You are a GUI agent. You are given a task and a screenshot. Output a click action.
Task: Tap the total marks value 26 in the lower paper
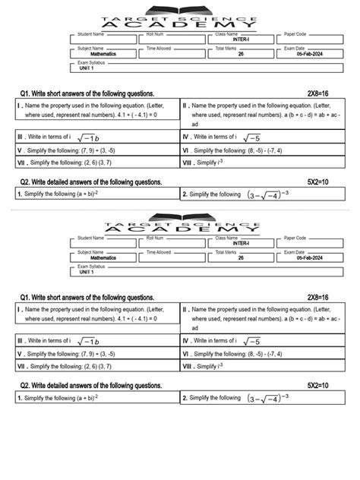[241, 258]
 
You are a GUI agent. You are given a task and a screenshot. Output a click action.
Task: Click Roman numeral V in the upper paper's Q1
[18, 150]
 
